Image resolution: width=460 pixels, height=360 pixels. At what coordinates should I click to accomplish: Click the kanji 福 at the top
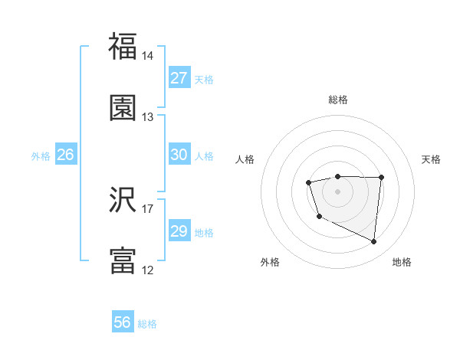[123, 47]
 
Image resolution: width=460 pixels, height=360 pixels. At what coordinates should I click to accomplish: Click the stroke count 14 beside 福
[148, 56]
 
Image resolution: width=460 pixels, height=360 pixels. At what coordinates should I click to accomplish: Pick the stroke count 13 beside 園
[148, 117]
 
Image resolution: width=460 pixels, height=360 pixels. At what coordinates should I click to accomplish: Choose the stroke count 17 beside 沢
[148, 208]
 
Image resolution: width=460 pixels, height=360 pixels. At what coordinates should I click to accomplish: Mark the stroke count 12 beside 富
[148, 270]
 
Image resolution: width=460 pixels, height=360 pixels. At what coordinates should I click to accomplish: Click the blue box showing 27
[179, 78]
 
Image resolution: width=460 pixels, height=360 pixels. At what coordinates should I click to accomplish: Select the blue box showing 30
[179, 155]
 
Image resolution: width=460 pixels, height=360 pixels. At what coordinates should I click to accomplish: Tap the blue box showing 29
[179, 231]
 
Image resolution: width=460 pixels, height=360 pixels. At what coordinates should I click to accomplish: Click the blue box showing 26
[65, 155]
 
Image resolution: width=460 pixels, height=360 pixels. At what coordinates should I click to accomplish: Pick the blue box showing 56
[123, 322]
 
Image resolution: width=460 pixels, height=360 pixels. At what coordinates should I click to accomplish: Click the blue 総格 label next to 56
[147, 324]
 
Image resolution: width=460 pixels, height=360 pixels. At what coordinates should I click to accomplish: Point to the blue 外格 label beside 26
[41, 156]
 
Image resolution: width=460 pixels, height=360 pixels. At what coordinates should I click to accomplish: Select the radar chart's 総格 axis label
[338, 100]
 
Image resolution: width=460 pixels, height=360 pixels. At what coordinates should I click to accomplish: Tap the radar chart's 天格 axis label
[431, 159]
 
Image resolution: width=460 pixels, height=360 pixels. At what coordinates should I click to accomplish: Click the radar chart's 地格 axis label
[402, 262]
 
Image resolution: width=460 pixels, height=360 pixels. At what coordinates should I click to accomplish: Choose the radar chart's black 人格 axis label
[245, 159]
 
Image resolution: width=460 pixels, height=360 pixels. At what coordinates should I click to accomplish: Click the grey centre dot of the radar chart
[337, 191]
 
